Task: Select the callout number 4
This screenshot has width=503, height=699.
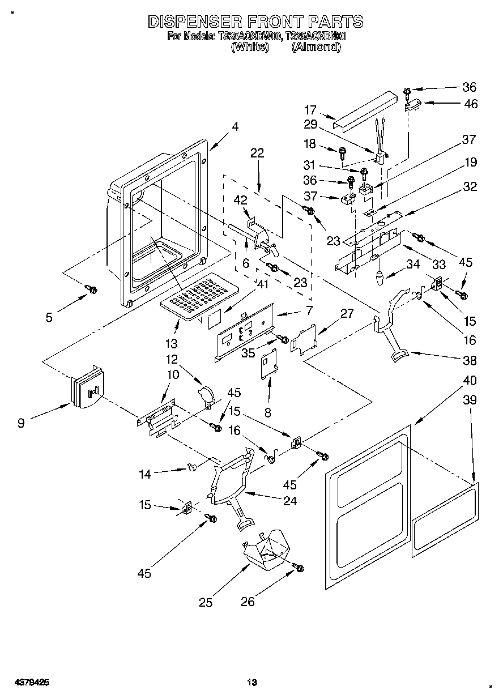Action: [235, 127]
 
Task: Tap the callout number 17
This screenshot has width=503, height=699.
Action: [310, 110]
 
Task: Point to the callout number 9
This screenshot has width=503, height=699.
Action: [21, 422]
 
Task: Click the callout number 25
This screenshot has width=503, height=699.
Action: [206, 602]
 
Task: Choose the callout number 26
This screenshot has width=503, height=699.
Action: [248, 602]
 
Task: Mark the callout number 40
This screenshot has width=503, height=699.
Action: [470, 380]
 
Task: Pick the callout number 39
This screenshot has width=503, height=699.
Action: [470, 400]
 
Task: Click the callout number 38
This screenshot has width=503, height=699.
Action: [470, 360]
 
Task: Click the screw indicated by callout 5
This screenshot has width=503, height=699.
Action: [91, 289]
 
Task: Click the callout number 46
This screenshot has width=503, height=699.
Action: [470, 104]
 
